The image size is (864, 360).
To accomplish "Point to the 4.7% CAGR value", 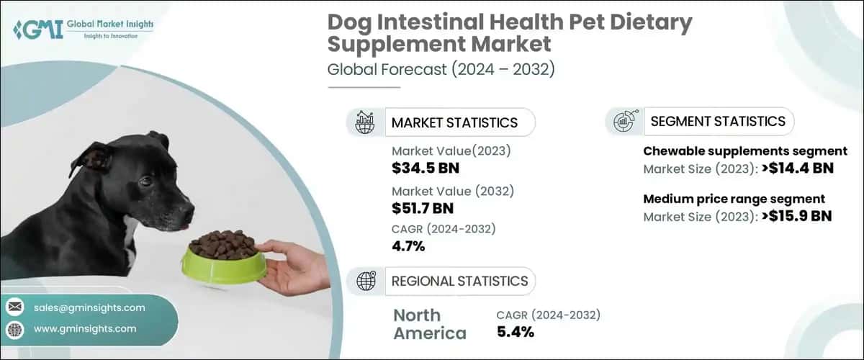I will click(408, 246).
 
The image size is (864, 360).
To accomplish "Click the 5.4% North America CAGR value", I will click(516, 332).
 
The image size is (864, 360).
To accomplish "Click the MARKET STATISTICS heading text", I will click(454, 122).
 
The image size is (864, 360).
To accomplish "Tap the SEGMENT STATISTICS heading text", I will click(717, 122).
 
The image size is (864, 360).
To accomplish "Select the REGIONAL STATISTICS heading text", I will click(459, 281).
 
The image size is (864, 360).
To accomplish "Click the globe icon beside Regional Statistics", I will click(365, 281).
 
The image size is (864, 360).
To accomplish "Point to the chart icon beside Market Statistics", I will click(365, 122).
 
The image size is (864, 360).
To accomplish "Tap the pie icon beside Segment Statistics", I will click(623, 122).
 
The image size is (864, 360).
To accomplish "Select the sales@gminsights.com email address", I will click(89, 307).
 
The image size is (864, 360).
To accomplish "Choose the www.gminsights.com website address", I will click(85, 328).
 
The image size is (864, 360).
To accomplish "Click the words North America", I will click(429, 324).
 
